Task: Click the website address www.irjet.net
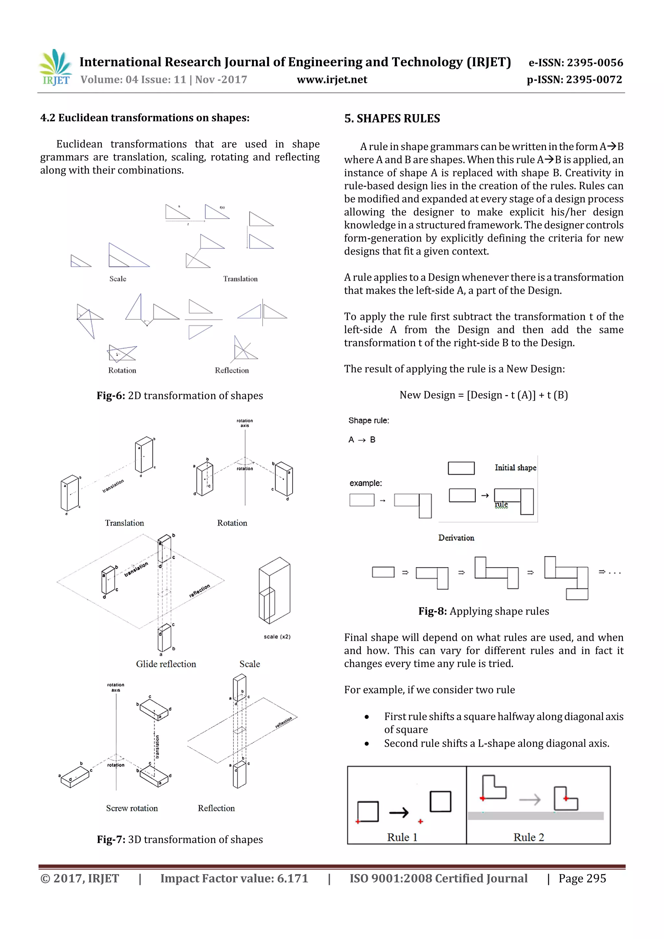click(x=332, y=80)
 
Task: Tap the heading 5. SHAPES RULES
click(x=392, y=119)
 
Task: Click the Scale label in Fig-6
click(x=117, y=279)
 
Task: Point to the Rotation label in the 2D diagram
click(x=122, y=370)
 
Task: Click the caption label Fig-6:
click(x=111, y=395)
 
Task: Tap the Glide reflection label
click(x=166, y=664)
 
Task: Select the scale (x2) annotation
click(x=277, y=637)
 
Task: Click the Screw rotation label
click(x=132, y=808)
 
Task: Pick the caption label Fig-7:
click(x=111, y=839)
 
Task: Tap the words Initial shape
click(x=515, y=467)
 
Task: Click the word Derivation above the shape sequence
click(x=456, y=538)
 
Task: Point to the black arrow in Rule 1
click(x=398, y=812)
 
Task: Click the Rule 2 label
click(x=528, y=837)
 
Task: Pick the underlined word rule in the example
click(x=501, y=504)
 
